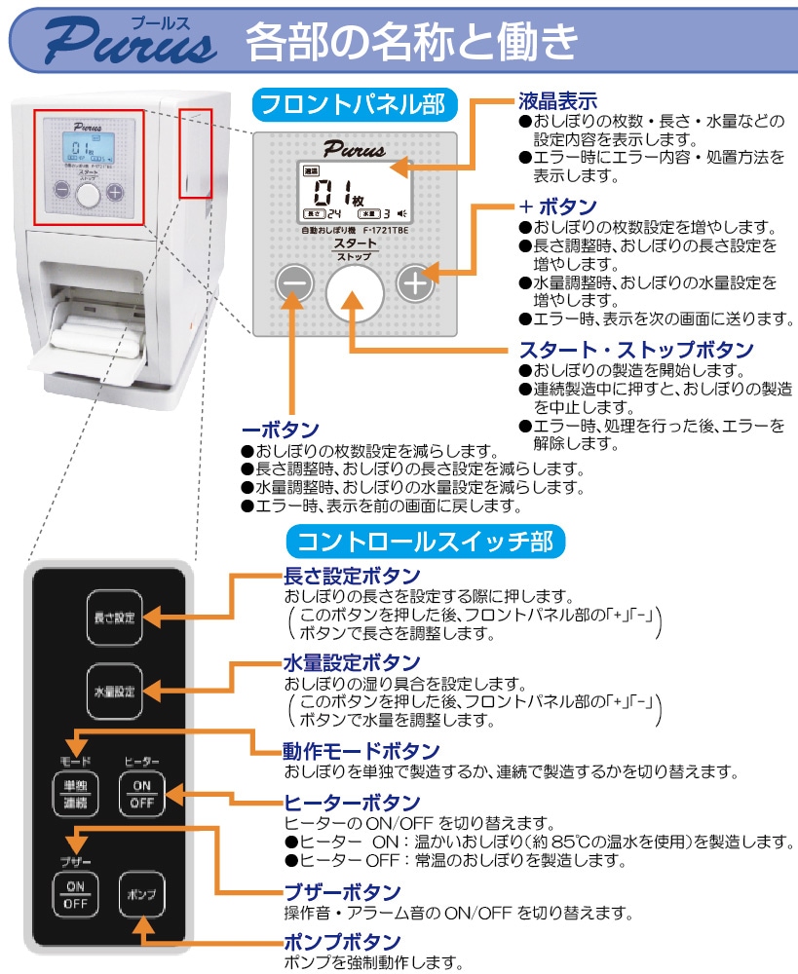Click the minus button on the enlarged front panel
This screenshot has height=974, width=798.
click(x=295, y=285)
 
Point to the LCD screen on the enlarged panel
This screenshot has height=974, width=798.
click(x=354, y=192)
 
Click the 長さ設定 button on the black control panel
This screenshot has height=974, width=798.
click(x=113, y=617)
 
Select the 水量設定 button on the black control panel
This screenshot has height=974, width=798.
click(x=113, y=692)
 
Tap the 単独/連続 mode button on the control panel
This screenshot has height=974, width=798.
click(x=75, y=795)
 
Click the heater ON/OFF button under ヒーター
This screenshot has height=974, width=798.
click(x=142, y=795)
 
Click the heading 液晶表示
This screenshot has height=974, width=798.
click(x=557, y=100)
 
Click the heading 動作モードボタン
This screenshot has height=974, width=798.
click(x=361, y=751)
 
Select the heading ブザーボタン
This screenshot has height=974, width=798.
click(x=341, y=892)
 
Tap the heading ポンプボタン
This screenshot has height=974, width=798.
click(x=341, y=942)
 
